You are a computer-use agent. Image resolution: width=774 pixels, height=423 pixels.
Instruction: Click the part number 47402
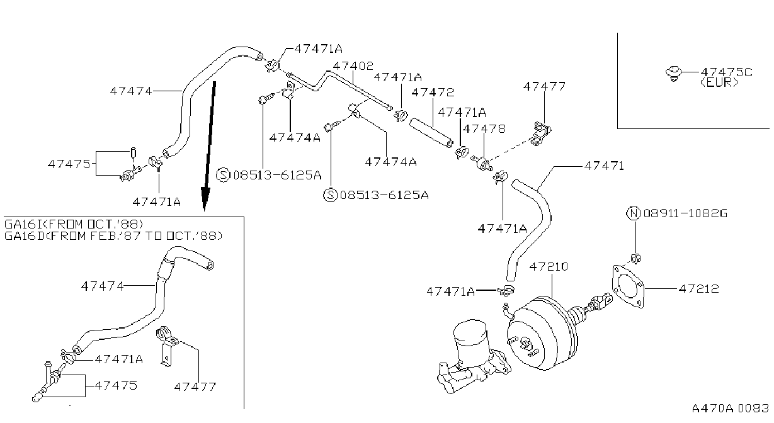(x=353, y=65)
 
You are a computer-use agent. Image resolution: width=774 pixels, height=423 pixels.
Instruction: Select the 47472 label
(x=433, y=92)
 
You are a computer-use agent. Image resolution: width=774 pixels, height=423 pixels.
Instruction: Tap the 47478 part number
(x=484, y=129)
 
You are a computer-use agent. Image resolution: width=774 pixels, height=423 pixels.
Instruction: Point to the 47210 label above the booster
(x=549, y=266)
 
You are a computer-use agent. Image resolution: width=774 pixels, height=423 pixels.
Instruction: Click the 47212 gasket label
(x=698, y=289)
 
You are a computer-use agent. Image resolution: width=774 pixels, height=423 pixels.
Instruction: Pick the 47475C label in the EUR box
(x=726, y=72)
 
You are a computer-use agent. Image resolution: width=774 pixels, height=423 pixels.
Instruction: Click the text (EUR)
(x=719, y=83)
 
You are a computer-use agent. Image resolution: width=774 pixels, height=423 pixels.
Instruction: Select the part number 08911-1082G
(x=686, y=213)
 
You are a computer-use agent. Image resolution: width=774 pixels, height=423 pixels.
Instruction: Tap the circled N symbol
(x=634, y=213)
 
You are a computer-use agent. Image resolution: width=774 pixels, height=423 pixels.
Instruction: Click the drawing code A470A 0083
(x=730, y=409)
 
